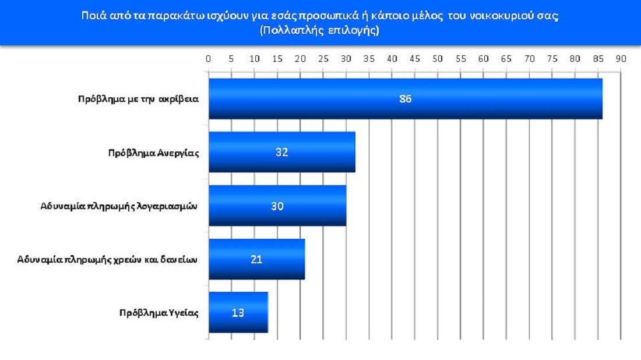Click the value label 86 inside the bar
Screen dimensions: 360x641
point(406,98)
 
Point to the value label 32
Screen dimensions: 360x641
point(282,153)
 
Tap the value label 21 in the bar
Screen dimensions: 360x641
point(256,259)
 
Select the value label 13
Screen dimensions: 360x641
point(238,312)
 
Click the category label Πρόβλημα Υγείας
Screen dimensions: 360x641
point(159,313)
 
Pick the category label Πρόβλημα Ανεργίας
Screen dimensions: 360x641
point(154,153)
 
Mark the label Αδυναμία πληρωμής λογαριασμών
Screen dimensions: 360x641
point(119,206)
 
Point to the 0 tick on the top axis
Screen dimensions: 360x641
point(209,59)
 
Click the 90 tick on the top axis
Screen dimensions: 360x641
point(621,59)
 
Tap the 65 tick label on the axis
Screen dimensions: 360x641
point(506,59)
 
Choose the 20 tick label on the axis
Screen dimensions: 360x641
point(300,59)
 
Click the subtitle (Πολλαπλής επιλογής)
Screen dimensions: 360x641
point(319,31)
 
